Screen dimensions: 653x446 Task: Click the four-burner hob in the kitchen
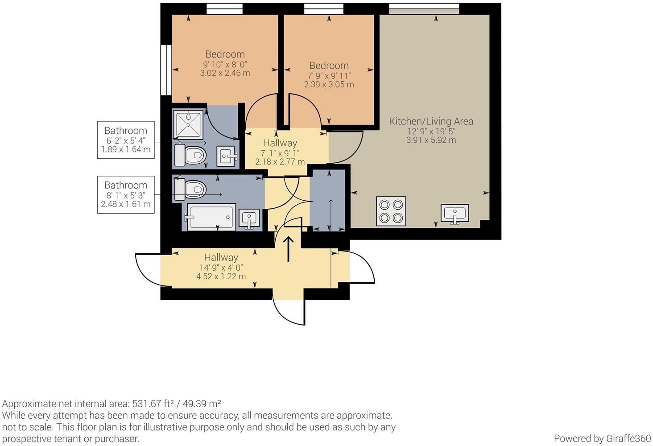[x=391, y=211]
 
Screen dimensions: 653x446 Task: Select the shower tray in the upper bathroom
[x=188, y=124]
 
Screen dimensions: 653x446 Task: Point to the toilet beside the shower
[x=190, y=155]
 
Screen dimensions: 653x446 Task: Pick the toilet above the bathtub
[x=190, y=189]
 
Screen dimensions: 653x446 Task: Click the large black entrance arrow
[x=288, y=249]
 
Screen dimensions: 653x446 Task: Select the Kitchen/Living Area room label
[x=431, y=121]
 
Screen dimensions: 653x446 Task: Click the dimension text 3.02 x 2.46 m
[x=225, y=73]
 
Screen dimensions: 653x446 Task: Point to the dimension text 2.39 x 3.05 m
[x=329, y=85]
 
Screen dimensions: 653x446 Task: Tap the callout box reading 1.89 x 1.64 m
[x=126, y=140]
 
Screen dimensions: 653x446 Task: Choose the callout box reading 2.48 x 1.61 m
[x=126, y=195]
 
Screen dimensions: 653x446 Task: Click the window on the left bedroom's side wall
[x=166, y=70]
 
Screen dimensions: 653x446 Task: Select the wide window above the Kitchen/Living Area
[x=424, y=9]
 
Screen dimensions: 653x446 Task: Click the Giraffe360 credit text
[x=602, y=438]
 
